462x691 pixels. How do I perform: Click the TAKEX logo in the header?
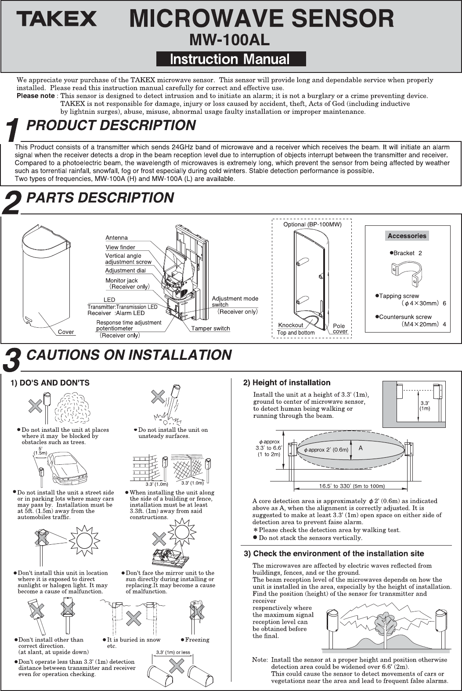(57, 19)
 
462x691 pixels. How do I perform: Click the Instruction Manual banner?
(231, 59)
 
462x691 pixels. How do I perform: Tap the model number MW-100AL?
(229, 40)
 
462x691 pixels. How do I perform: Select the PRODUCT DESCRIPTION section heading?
(111, 126)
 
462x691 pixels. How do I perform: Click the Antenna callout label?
(116, 238)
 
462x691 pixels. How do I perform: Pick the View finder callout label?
(120, 247)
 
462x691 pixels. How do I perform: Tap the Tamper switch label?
(210, 328)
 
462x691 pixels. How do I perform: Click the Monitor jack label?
(121, 280)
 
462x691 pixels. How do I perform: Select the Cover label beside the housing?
(66, 332)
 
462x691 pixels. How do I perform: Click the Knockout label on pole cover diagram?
(291, 325)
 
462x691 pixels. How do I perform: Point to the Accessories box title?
(407, 236)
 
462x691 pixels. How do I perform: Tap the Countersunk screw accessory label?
(405, 317)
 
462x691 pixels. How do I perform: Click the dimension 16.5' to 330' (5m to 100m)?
(352, 486)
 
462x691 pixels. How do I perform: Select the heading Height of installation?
(287, 383)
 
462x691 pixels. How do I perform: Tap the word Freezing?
(197, 640)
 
